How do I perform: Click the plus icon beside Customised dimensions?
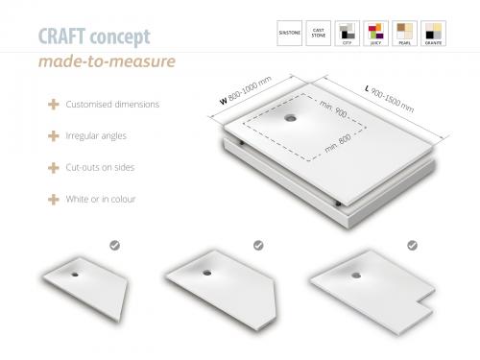[x=53, y=104]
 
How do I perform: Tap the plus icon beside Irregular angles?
[x=53, y=136]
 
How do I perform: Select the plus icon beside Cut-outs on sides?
[x=53, y=168]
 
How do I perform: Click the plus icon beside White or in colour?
[x=53, y=200]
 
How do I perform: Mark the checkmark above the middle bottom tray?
[x=258, y=246]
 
